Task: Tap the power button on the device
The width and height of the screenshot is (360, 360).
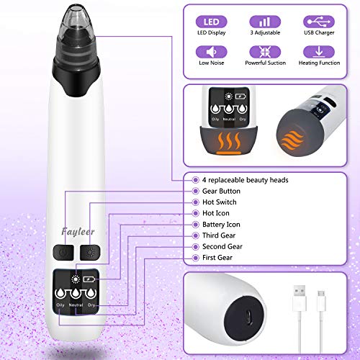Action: (x=62, y=253)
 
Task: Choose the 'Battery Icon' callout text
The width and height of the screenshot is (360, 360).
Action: (x=222, y=225)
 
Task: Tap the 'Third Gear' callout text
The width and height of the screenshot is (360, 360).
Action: (x=220, y=235)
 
